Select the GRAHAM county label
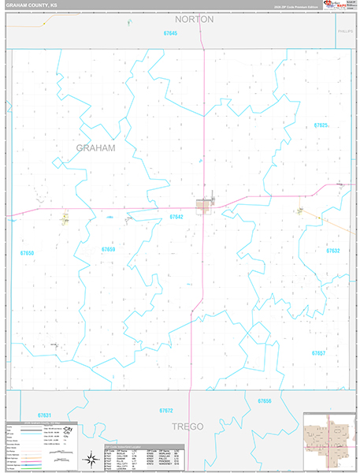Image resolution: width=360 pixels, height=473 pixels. [x=96, y=147]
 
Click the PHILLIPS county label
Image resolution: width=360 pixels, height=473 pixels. [x=343, y=31]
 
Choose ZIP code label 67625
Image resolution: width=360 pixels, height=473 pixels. [x=321, y=125]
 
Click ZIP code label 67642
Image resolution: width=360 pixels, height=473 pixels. [x=176, y=216]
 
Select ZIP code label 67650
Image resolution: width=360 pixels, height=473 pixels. [x=27, y=253]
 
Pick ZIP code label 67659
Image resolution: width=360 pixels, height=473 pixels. [x=108, y=249]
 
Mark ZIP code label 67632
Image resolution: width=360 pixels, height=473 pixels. [x=332, y=250]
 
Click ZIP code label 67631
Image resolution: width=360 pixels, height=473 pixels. [x=44, y=415]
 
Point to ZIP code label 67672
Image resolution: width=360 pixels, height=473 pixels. [x=165, y=411]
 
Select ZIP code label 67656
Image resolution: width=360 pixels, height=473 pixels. [x=264, y=401]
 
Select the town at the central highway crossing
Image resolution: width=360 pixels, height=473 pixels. [x=206, y=206]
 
